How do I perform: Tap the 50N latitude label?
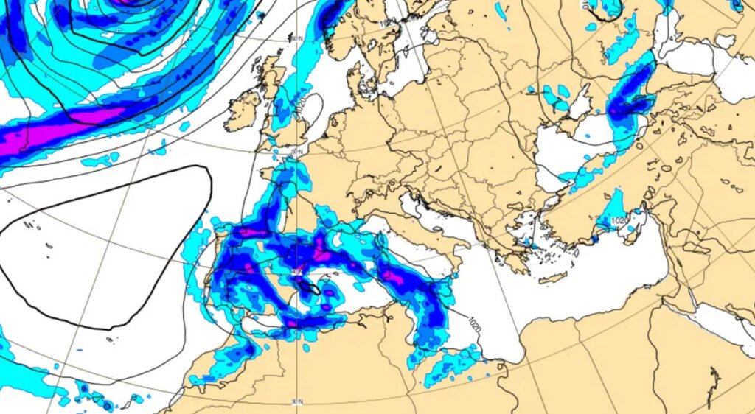coord(296,152)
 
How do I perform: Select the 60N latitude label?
coord(296,38)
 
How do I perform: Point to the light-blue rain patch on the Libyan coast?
coord(450,365)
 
